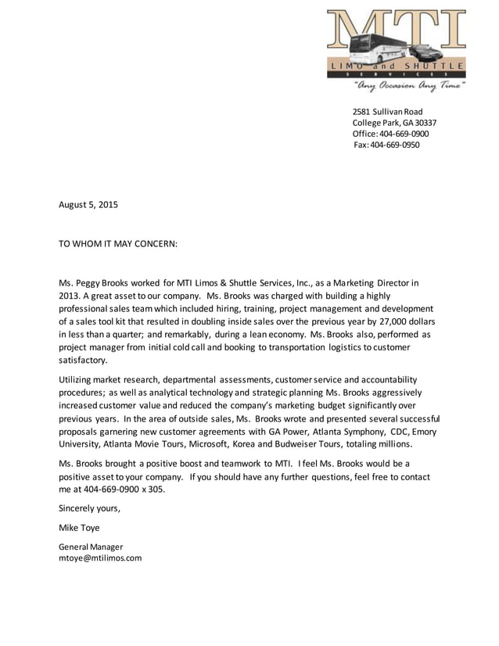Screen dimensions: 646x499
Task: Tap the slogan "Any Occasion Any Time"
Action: coord(409,84)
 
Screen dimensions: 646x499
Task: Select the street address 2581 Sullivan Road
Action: coord(387,112)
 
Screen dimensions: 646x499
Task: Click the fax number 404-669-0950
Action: coord(395,145)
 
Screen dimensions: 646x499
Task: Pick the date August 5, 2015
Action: coord(88,205)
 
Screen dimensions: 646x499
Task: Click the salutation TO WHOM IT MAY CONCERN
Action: coord(118,243)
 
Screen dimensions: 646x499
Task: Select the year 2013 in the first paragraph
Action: coord(71,296)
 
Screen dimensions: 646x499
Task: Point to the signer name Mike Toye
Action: coord(79,527)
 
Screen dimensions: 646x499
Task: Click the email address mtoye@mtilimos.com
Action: coord(100,558)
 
